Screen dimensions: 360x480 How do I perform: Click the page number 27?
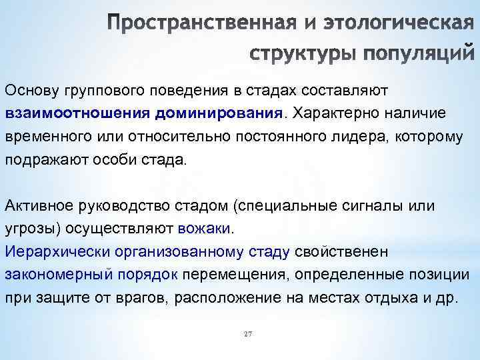click(248, 333)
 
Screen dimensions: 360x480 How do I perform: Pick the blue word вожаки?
click(204, 229)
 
